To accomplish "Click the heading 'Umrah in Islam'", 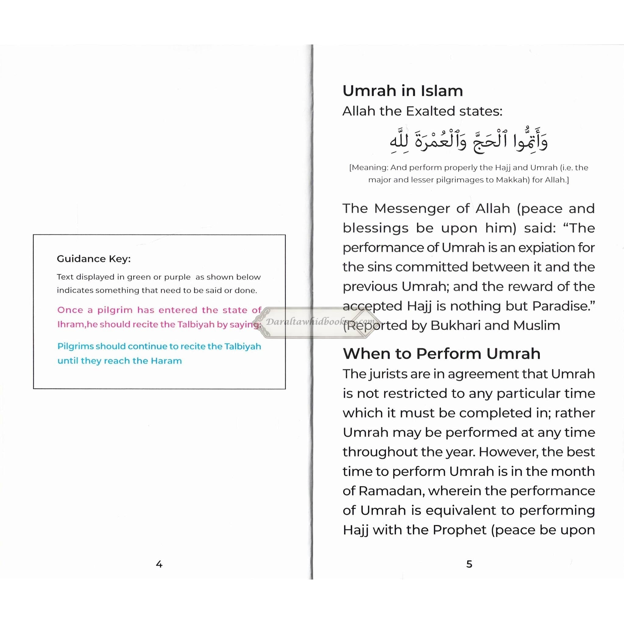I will [x=402, y=91].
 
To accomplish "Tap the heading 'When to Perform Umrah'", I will [x=441, y=354].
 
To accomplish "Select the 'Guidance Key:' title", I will [x=94, y=259].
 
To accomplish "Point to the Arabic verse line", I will [x=469, y=141].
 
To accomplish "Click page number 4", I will [x=159, y=564].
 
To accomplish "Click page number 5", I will [x=469, y=564].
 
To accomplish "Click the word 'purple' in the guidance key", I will [x=177, y=277].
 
